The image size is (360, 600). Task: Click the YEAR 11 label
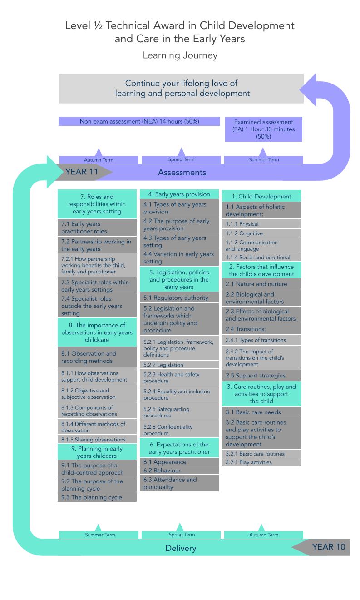(82, 172)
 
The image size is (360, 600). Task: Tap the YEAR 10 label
(328, 547)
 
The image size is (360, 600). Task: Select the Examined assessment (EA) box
(264, 129)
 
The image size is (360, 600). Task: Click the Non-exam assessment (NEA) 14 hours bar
(139, 121)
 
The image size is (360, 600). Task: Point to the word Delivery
(181, 548)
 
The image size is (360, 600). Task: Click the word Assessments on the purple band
(182, 172)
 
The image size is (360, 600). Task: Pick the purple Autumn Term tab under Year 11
(99, 159)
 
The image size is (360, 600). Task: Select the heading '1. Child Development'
(261, 196)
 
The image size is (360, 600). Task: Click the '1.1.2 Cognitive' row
(261, 233)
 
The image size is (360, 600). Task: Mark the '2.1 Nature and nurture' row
(261, 284)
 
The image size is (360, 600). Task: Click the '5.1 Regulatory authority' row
(179, 298)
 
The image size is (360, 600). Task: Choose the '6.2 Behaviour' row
(179, 471)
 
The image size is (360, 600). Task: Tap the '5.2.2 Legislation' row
(179, 365)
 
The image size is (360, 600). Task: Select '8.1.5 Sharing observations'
(97, 440)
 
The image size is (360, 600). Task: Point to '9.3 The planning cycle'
(97, 497)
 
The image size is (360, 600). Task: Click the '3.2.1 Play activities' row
(261, 462)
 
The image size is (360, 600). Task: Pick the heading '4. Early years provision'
(179, 194)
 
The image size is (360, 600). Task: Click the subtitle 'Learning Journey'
(180, 55)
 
